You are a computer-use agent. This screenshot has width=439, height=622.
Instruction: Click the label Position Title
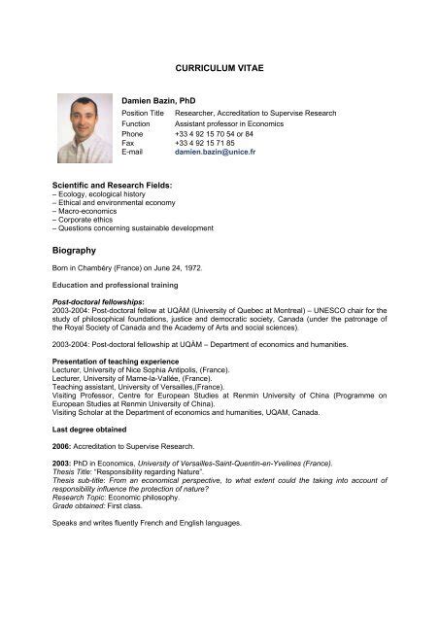pos(143,114)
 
